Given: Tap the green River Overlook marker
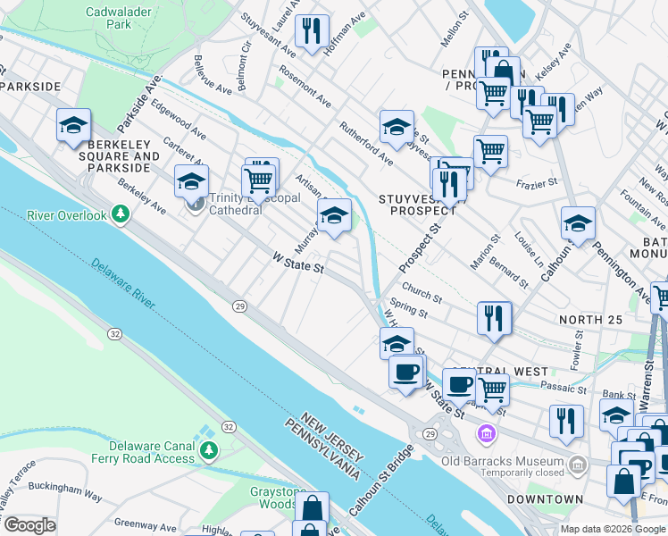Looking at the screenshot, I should coord(122,215).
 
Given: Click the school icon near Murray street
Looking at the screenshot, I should coord(334,216).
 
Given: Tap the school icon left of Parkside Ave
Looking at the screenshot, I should coord(73,126).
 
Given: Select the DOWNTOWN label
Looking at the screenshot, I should coord(545,499).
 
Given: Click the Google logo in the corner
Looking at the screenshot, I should coord(29,525).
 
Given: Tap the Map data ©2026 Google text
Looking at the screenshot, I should coord(613,529).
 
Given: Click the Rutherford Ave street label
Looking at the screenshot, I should coord(366,145).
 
